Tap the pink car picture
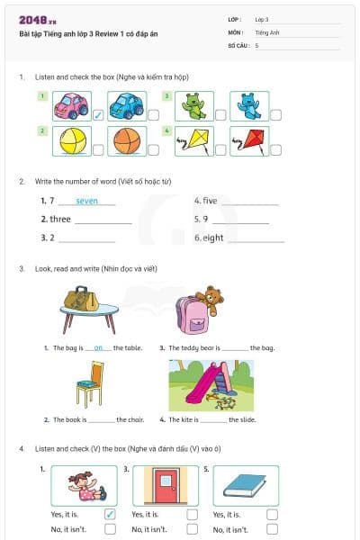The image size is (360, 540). point(70,106)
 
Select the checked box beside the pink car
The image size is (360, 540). point(98,114)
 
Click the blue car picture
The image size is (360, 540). point(126,106)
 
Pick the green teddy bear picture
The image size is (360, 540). point(193,106)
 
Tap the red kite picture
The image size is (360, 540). point(248,140)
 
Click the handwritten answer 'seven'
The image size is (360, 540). point(87,201)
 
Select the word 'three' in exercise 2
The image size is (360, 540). point(60,219)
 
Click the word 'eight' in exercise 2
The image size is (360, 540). point(212,238)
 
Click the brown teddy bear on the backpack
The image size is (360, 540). point(211,299)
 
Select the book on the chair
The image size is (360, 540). point(86,383)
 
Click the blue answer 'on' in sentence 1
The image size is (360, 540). point(98,347)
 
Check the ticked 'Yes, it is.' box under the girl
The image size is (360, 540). point(110,514)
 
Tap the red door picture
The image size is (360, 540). point(166,486)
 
